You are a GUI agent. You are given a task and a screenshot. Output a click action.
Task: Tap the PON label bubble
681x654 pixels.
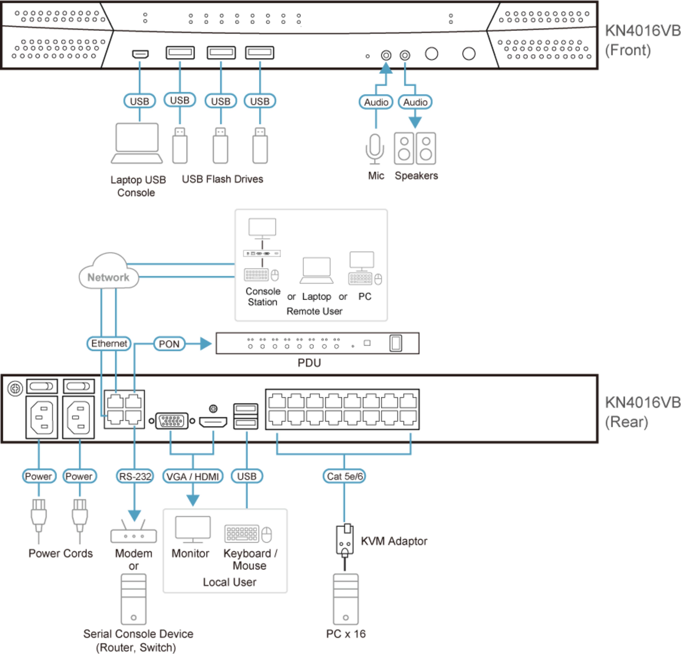pyautogui.click(x=169, y=344)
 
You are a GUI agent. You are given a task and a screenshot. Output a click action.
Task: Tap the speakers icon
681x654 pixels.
pyautogui.click(x=415, y=148)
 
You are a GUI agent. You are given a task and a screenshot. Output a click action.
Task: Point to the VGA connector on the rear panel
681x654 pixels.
pyautogui.click(x=172, y=421)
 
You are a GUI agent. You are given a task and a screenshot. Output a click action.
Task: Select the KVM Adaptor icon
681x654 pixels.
pyautogui.click(x=345, y=540)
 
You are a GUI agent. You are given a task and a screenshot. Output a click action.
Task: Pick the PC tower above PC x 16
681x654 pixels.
pyautogui.click(x=345, y=599)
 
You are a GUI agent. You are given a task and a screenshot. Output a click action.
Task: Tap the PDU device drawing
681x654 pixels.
pyautogui.click(x=317, y=343)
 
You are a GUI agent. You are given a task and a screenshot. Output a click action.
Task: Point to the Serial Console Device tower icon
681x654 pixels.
pyautogui.click(x=133, y=599)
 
